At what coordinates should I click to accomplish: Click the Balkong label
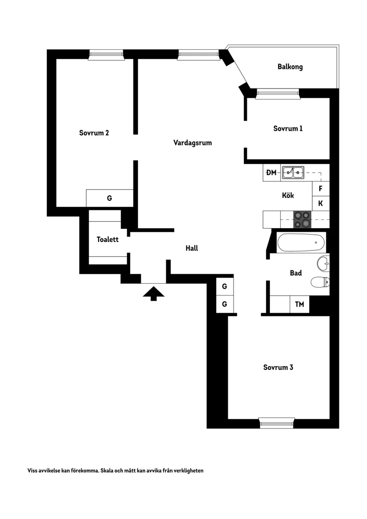tap(290, 67)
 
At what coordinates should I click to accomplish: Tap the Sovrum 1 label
tap(288, 129)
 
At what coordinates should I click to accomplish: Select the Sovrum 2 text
tap(94, 133)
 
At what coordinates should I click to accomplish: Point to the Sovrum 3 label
tap(278, 367)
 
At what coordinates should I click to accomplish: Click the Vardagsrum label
tap(193, 143)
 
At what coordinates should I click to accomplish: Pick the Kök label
tap(288, 195)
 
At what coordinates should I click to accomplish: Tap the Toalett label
tap(108, 239)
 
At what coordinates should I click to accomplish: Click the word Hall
tap(192, 248)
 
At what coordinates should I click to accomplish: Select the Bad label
tap(296, 273)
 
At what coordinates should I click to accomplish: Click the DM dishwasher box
tap(271, 173)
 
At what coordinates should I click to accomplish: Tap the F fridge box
tap(321, 189)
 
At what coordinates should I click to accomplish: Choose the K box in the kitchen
tap(321, 204)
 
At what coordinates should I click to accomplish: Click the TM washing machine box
tap(299, 304)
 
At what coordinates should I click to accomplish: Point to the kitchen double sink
tap(293, 172)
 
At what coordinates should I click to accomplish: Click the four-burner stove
tap(302, 219)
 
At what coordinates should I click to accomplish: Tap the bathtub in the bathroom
tap(301, 242)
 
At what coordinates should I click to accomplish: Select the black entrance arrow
tap(153, 293)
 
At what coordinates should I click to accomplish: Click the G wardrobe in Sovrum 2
tap(109, 198)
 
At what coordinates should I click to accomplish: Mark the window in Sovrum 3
tap(277, 423)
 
